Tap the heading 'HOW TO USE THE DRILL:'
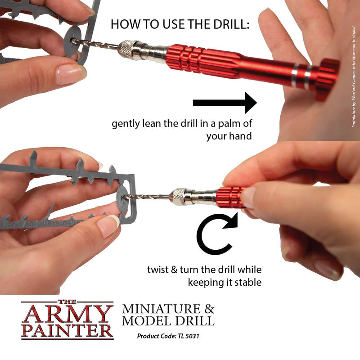tap(180, 24)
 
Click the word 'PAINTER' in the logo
tap(67, 330)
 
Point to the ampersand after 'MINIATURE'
tap(209, 309)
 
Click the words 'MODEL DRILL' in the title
tap(168, 321)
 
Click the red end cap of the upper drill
tap(327, 79)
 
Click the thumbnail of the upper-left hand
tap(70, 73)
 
